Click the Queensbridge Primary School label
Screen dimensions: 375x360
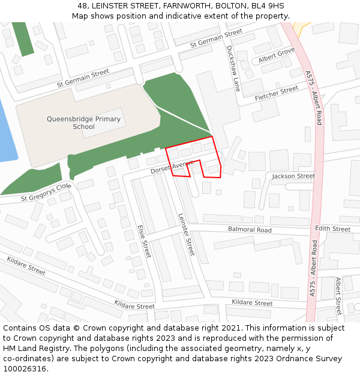pos(83,122)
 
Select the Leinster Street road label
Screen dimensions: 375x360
pos(187,234)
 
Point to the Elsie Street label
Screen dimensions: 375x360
pos(144,241)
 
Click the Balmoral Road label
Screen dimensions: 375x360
pos(250,230)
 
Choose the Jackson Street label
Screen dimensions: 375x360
pos(293,176)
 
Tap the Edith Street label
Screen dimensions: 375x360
pos(332,229)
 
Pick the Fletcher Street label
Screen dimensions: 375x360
pos(277,93)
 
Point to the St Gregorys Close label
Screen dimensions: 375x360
pos(46,193)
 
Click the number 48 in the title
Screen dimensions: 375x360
pos(82,6)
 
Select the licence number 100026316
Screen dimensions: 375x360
pos(25,368)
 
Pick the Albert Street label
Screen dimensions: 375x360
pos(338,295)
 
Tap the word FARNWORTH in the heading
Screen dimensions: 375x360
pos(181,6)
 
